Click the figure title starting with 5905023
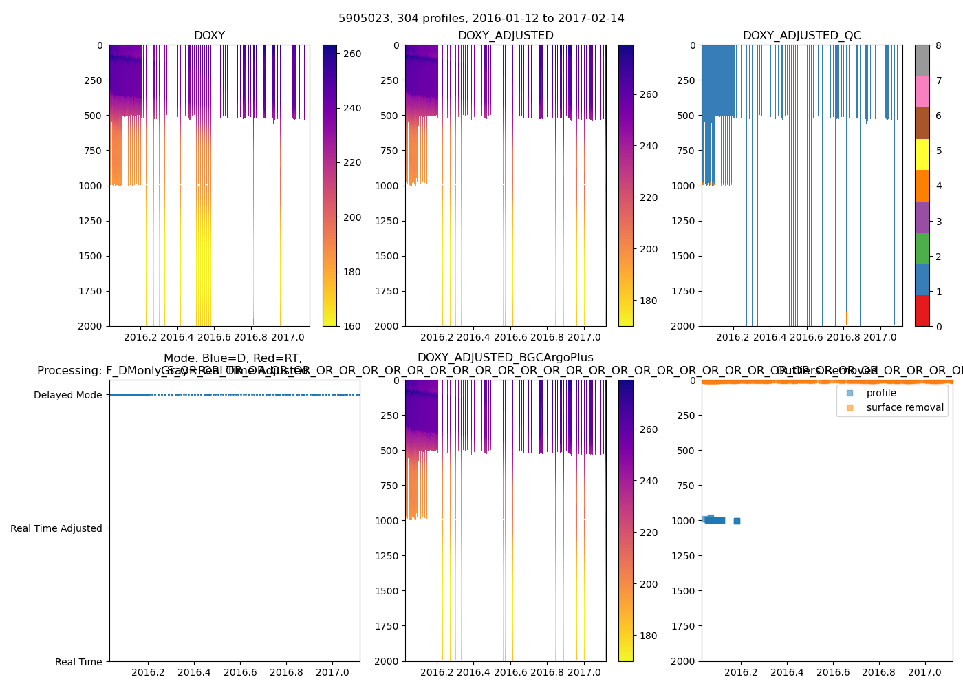481,19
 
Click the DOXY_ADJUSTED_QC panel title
801,36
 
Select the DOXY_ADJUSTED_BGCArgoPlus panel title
505,358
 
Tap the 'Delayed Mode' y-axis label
67,395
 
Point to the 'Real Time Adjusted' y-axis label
56,528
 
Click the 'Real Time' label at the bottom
78,662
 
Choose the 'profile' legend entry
880,393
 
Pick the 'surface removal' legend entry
905,407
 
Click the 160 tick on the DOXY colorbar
351,326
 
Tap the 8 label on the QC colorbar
938,45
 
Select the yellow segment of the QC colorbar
922,155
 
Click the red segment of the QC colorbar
922,311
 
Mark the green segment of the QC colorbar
922,248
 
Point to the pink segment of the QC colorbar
922,92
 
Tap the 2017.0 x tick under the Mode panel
333,672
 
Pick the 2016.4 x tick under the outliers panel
787,672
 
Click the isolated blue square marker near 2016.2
737,521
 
